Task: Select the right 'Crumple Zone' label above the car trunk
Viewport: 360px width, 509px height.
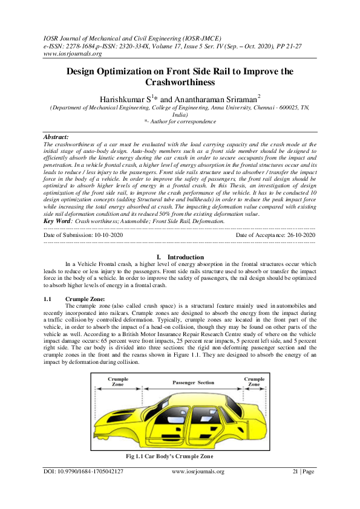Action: pyautogui.click(x=254, y=381)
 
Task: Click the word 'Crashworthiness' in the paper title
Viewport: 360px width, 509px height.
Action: pyautogui.click(x=180, y=82)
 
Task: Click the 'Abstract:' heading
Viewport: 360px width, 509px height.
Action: pyautogui.click(x=57, y=137)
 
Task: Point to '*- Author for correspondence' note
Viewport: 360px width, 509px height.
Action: pyautogui.click(x=180, y=122)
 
